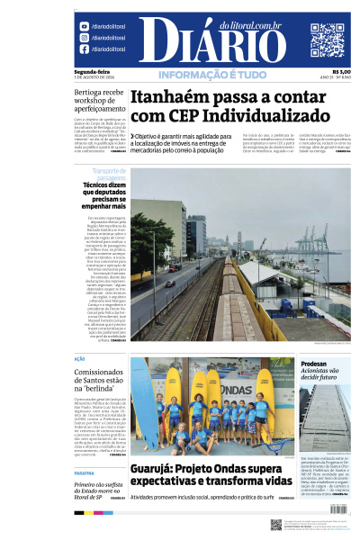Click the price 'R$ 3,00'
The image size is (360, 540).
(x=341, y=72)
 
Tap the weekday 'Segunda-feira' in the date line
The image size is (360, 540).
(x=91, y=72)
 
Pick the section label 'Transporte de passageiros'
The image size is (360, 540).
(x=109, y=173)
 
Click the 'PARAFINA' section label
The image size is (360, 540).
(x=85, y=472)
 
